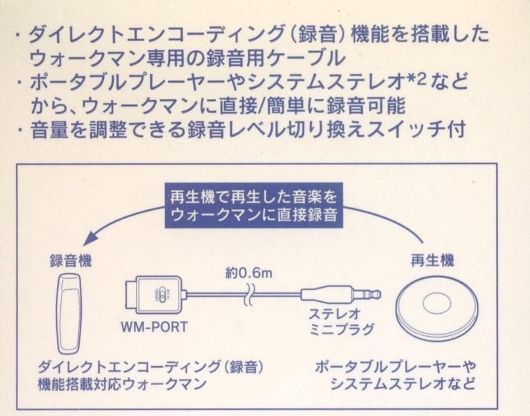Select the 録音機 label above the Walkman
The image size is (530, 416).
point(71,261)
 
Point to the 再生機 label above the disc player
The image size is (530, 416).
point(433,261)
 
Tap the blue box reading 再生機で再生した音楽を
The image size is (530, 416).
point(253,195)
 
